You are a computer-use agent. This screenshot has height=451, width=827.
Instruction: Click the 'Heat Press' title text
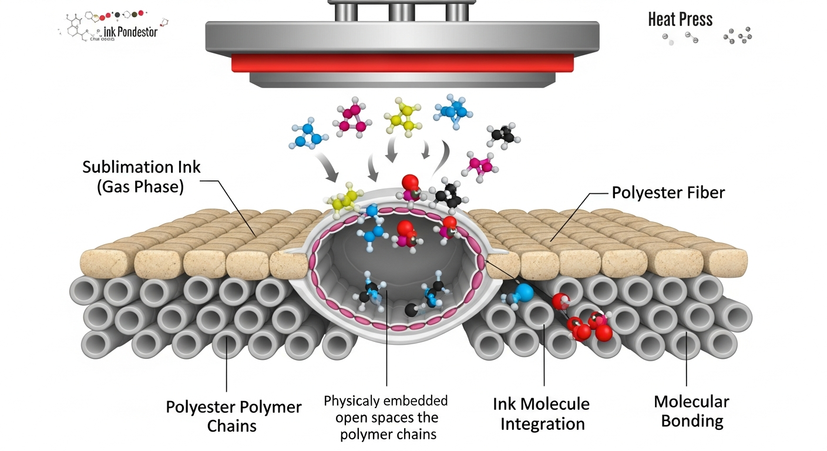[x=680, y=19]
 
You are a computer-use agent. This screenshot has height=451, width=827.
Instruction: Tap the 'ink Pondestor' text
[x=131, y=32]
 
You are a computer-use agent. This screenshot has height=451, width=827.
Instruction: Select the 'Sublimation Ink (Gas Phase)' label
[x=141, y=177]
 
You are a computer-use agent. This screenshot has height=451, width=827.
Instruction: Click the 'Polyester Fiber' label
[x=669, y=193]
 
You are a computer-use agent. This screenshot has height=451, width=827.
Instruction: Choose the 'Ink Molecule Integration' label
[x=541, y=413]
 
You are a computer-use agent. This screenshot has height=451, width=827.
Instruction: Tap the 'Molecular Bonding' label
[x=691, y=412]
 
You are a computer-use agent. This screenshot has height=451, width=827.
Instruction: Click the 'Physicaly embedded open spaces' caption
[x=385, y=418]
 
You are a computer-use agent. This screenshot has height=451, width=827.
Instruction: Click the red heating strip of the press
[x=402, y=63]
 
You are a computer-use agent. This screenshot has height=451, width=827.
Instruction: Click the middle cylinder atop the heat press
[x=401, y=11]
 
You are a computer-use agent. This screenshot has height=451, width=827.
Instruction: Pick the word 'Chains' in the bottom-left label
[x=231, y=426]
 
